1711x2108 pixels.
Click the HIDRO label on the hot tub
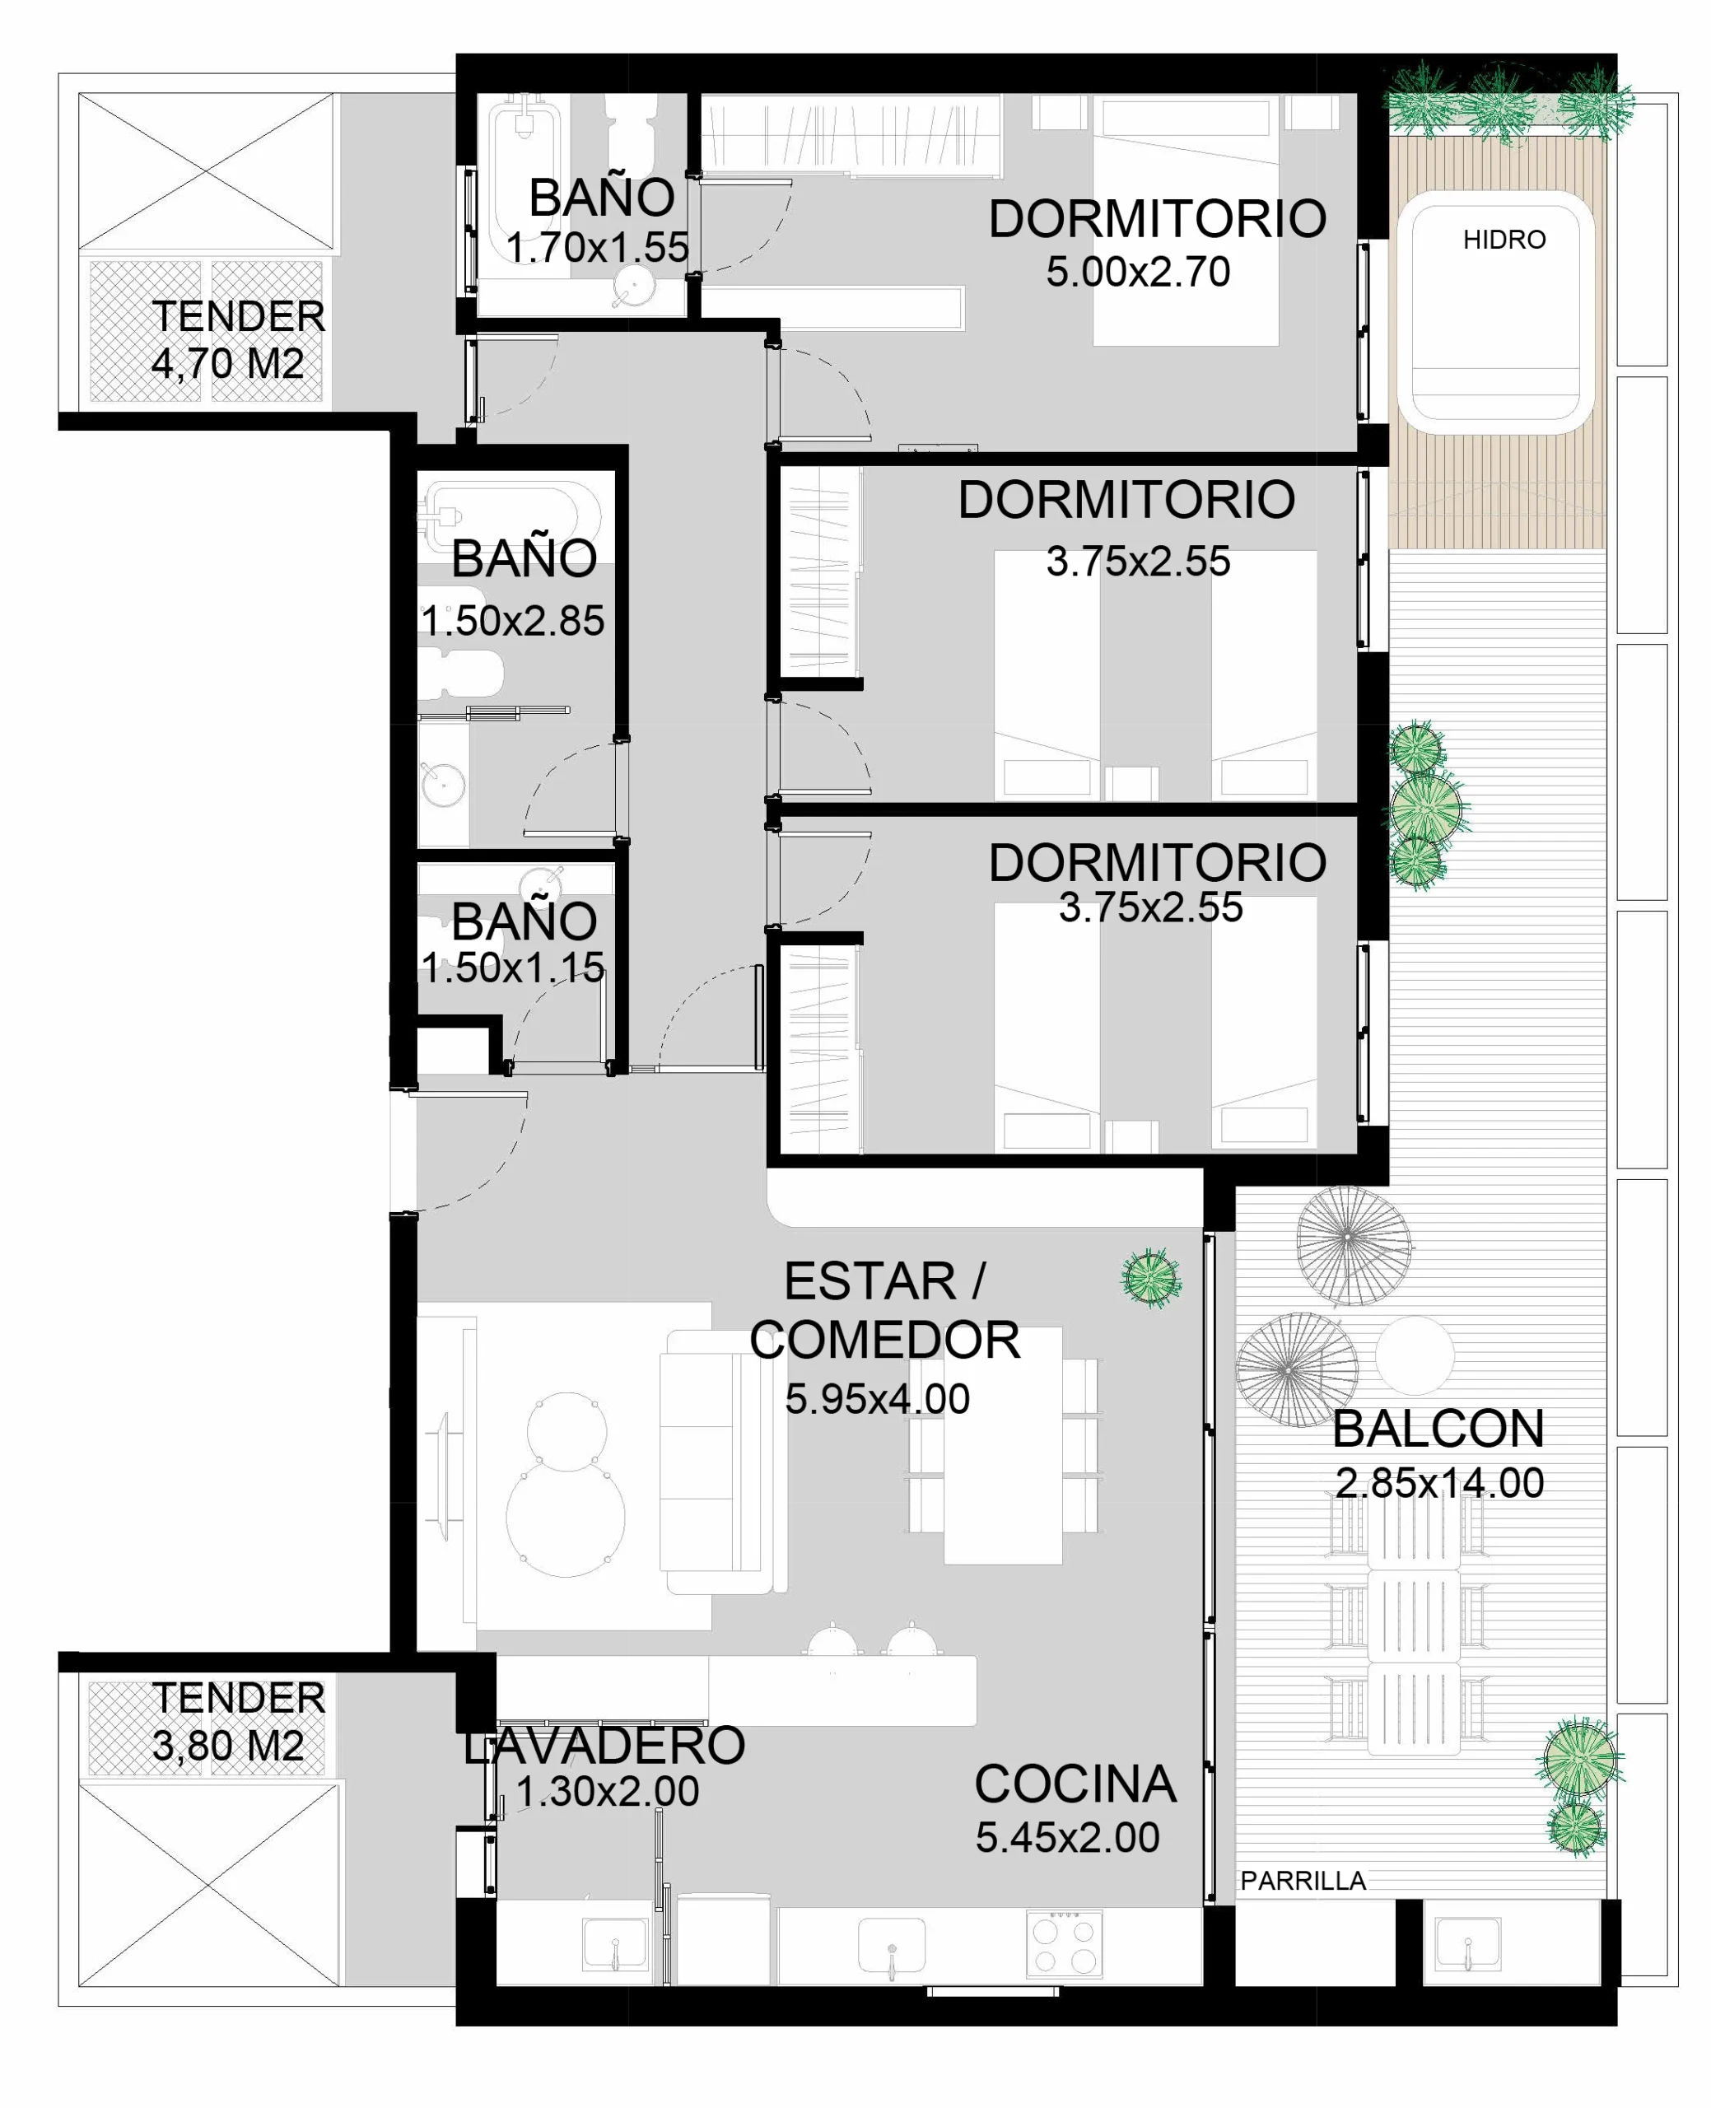click(x=1504, y=240)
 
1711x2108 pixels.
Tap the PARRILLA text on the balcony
click(x=1303, y=1881)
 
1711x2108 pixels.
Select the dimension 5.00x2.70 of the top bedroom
click(x=1139, y=272)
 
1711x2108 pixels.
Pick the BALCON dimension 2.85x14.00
click(x=1440, y=1482)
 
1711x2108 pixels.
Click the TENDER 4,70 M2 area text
click(x=236, y=339)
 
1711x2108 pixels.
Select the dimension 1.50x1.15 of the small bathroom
click(x=512, y=967)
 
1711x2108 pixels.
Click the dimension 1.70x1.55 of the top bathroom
click(x=597, y=247)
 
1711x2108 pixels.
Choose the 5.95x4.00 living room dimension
click(x=877, y=1398)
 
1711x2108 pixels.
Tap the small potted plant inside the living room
click(x=1150, y=1278)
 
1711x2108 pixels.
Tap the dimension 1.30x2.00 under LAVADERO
click(x=607, y=1791)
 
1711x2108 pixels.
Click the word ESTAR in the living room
click(x=869, y=1281)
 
